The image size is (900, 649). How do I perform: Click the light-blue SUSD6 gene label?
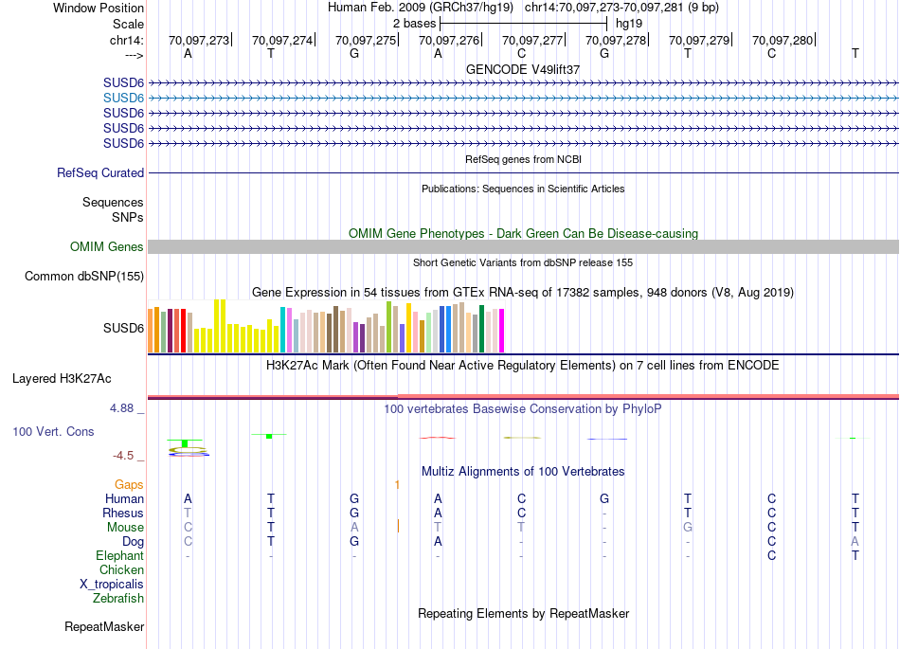123,98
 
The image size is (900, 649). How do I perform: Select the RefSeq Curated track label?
100,173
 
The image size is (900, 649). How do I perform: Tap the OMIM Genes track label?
107,246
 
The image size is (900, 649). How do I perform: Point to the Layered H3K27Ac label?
62,379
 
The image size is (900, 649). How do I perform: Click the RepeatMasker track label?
104,627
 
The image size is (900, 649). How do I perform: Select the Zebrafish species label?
118,599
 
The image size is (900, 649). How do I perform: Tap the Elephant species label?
119,556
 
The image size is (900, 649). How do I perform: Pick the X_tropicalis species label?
112,585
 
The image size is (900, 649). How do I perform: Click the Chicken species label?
121,570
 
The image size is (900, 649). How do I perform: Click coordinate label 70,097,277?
533,41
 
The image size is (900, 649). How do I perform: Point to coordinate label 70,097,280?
783,41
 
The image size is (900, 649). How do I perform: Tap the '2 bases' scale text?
413,23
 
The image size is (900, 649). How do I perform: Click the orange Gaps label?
129,484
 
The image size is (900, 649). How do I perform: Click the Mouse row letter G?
688,528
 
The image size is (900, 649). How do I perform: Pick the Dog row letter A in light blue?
855,542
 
